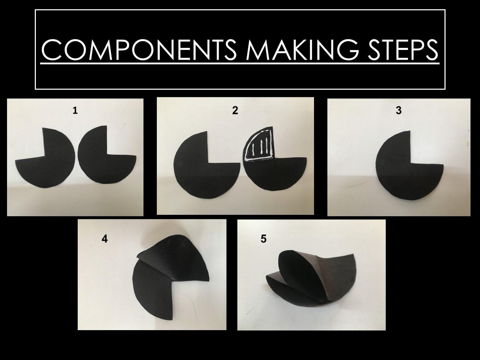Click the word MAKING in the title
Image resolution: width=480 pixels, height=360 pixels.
click(302, 50)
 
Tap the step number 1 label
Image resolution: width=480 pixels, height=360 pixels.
click(75, 111)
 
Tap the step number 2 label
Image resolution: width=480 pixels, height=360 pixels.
click(235, 111)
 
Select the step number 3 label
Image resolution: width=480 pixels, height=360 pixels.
click(398, 111)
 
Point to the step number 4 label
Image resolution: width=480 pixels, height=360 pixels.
click(104, 239)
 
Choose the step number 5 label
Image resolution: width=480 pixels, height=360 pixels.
click(263, 239)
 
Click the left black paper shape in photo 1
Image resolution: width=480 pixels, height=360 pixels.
click(49, 165)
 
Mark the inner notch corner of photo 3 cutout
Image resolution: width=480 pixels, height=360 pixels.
click(411, 164)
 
